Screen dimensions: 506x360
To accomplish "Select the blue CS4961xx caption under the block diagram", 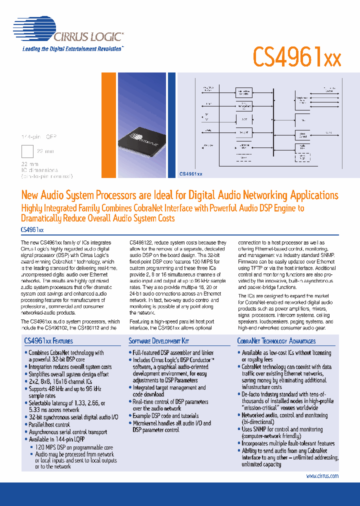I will [191, 174].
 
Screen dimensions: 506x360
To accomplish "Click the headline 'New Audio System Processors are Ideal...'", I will [179, 195].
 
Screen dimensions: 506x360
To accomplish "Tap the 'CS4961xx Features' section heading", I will [48, 341].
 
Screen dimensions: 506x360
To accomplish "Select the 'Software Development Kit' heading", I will [159, 341].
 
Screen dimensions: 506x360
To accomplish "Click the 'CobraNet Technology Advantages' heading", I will [276, 341].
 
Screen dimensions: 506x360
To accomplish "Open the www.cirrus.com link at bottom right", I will [322, 476].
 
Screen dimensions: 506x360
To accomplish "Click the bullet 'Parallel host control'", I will [49, 424].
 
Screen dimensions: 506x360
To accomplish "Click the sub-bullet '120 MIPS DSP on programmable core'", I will [73, 447].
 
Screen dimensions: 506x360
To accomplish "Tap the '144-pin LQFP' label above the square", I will [38, 137].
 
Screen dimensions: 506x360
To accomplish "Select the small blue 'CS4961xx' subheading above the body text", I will [32, 229].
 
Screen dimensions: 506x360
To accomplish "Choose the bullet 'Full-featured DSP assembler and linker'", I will [173, 352].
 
